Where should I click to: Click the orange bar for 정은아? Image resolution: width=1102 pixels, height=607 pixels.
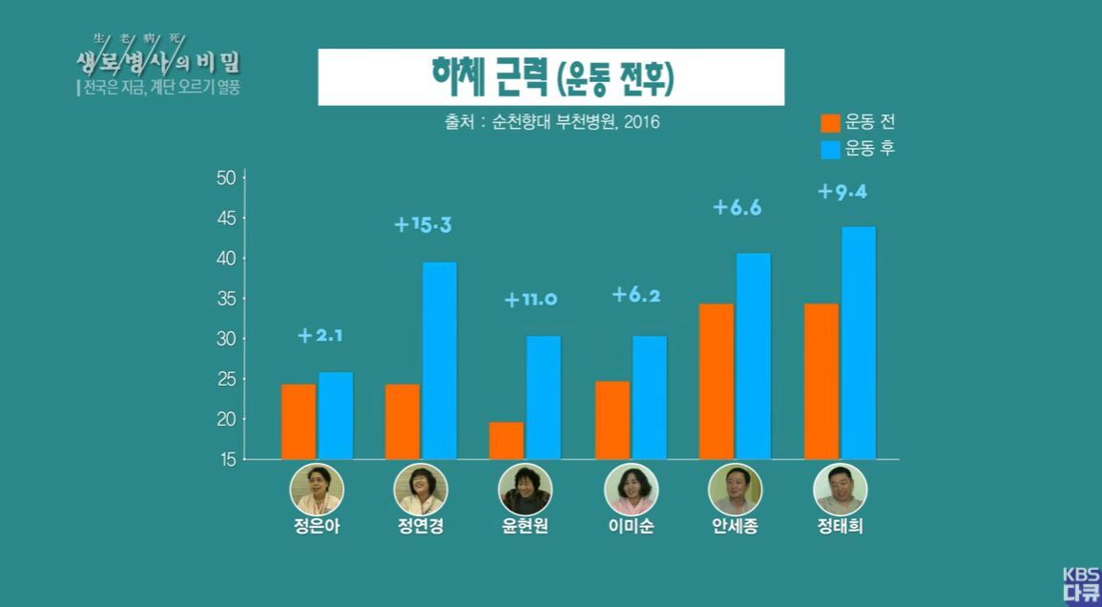299,422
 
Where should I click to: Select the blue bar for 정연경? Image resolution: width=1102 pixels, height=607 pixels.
439,361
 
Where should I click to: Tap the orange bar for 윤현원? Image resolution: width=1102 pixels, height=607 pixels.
507,441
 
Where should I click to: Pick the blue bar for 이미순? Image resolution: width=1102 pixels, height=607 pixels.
649,397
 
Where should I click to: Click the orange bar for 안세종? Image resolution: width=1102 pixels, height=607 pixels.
717,382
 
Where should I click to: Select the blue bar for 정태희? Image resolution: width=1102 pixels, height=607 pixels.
858,344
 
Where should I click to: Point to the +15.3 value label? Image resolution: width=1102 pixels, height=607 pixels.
423,226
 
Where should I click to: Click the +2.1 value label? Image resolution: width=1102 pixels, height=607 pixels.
321,335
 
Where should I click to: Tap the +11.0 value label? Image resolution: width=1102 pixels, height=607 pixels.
530,300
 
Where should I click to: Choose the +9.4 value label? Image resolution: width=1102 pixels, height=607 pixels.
842,192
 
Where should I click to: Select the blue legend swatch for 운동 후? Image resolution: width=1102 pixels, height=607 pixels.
830,150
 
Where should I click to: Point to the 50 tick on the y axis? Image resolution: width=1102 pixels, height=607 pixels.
227,178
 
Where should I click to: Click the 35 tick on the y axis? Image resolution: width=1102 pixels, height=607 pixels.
227,299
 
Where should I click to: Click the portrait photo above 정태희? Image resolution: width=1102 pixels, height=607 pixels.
840,490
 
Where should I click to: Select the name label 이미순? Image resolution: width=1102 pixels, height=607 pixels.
631,527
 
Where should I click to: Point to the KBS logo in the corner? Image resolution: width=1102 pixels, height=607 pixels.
1081,584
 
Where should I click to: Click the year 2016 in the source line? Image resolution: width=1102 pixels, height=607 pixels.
638,122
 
